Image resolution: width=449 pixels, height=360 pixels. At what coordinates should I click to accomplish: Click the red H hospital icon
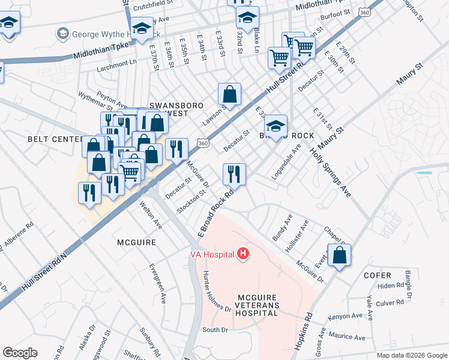pyautogui.click(x=243, y=254)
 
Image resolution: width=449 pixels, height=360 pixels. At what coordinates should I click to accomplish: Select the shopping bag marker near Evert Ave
pyautogui.click(x=339, y=255)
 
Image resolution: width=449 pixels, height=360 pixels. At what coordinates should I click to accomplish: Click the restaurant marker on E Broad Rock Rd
pyautogui.click(x=234, y=175)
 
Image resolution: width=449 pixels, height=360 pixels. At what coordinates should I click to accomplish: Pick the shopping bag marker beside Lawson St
pyautogui.click(x=229, y=94)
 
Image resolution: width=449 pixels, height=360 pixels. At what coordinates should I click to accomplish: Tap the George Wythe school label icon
pyautogui.click(x=62, y=34)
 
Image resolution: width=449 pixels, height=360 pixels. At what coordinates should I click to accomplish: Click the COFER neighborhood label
pyautogui.click(x=378, y=275)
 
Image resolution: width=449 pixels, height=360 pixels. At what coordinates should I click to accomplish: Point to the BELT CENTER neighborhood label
pyautogui.click(x=55, y=139)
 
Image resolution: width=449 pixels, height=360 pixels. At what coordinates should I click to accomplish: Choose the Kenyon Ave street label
pyautogui.click(x=345, y=316)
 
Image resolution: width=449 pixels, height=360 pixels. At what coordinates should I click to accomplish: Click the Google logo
pyautogui.click(x=20, y=353)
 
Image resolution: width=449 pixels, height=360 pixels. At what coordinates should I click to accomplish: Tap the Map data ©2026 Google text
pyautogui.click(x=411, y=355)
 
